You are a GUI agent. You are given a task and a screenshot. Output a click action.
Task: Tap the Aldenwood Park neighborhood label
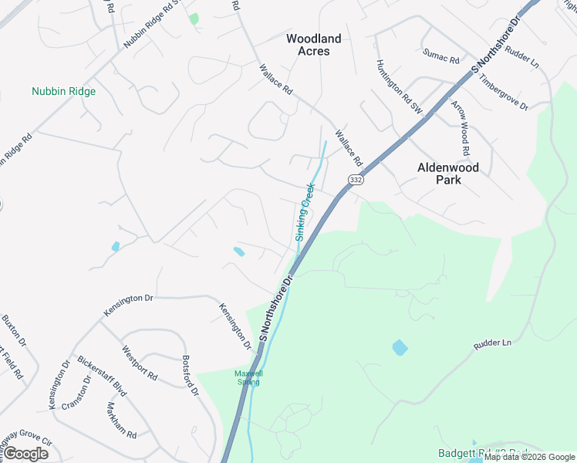click(x=448, y=173)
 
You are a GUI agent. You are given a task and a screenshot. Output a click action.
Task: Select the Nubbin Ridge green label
click(x=64, y=91)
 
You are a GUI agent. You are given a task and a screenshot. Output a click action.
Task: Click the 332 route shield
click(x=356, y=179)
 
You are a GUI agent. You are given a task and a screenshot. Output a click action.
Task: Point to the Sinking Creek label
click(x=305, y=212)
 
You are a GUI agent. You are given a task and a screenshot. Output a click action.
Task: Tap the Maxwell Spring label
click(x=249, y=377)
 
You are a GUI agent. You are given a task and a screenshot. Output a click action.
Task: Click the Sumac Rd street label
click(x=440, y=55)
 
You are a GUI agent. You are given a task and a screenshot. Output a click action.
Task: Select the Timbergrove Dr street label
click(x=503, y=92)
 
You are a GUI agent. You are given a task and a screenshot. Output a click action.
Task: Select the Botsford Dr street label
click(x=191, y=376)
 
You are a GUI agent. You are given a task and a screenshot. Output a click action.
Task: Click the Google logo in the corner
click(x=26, y=453)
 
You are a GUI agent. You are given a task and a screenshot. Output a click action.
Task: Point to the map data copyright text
click(x=529, y=457)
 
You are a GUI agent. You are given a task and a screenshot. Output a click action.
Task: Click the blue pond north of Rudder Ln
click(x=400, y=347)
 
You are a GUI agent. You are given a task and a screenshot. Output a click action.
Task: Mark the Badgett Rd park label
click(x=484, y=453)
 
